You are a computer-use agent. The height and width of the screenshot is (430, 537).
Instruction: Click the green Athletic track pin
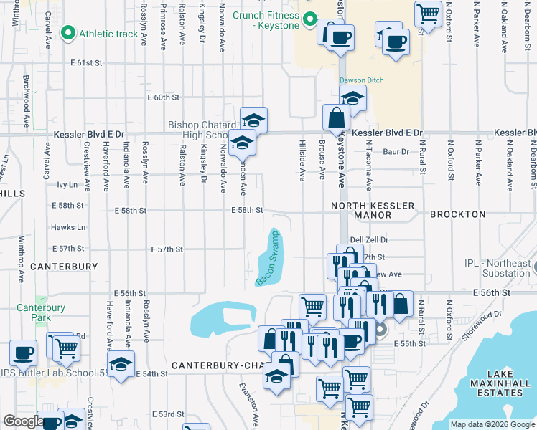pyautogui.click(x=69, y=32)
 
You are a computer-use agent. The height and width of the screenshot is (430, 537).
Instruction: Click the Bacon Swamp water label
pyautogui.click(x=268, y=258)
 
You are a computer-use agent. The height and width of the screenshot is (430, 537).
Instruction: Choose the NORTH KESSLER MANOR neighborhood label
pyautogui.click(x=373, y=210)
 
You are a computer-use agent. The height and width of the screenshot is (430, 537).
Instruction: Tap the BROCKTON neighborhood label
pyautogui.click(x=458, y=214)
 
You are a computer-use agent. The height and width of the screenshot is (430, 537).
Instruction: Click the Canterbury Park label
pyautogui.click(x=41, y=312)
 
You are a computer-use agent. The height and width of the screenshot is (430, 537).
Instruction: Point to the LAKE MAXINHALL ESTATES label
pyautogui.click(x=504, y=383)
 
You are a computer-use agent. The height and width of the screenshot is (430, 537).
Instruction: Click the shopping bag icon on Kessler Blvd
pyautogui.click(x=336, y=118)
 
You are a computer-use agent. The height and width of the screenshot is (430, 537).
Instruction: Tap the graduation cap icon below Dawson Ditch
pyautogui.click(x=352, y=98)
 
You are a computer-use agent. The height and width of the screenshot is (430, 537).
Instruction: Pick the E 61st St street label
pyautogui.click(x=87, y=63)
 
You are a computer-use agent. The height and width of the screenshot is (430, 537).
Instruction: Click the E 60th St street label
pyautogui.click(x=163, y=97)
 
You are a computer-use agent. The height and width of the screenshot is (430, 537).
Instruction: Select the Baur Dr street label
pyautogui.click(x=396, y=151)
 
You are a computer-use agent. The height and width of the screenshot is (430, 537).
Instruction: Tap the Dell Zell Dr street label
pyautogui.click(x=369, y=240)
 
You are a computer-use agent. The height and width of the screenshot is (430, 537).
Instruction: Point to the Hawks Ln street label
pyautogui.click(x=68, y=228)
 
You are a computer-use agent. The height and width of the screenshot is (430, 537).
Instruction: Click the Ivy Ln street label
pyautogui.click(x=67, y=185)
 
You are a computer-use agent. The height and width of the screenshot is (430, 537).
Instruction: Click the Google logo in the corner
pyautogui.click(x=24, y=421)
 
